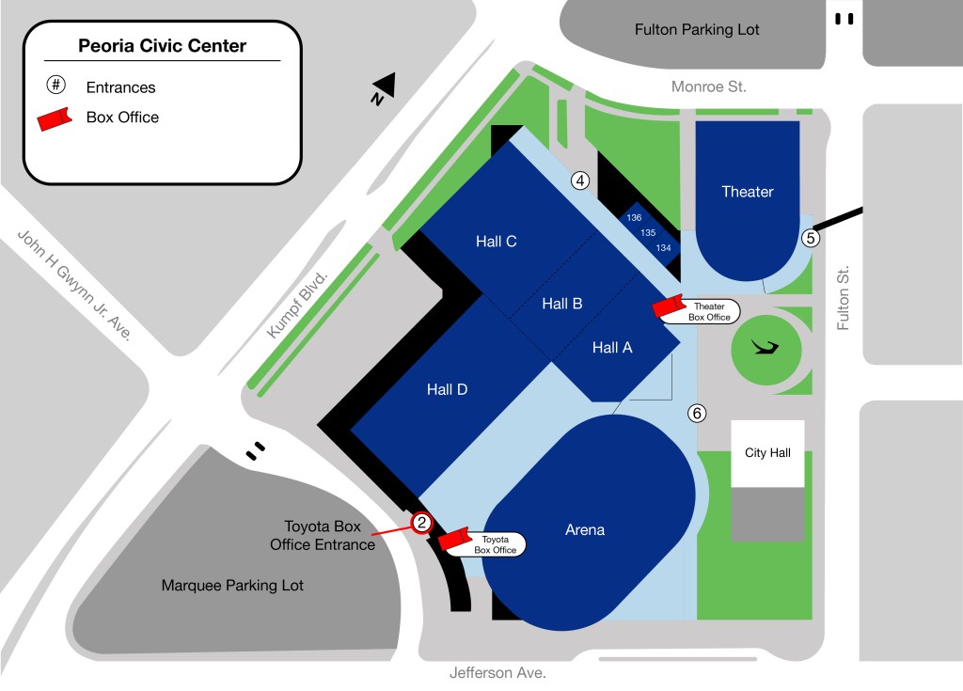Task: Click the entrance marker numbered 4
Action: click(580, 181)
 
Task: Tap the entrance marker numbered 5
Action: click(811, 238)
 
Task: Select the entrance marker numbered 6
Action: click(697, 413)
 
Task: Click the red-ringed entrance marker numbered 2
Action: click(422, 524)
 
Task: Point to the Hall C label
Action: click(496, 242)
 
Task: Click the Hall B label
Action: click(562, 304)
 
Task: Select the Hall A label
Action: click(612, 348)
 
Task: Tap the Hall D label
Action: click(447, 390)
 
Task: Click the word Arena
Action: click(585, 530)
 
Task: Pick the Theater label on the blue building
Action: click(748, 192)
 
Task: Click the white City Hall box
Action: click(767, 453)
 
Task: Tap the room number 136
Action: click(634, 218)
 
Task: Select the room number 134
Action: click(664, 248)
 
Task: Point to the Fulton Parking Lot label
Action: click(697, 30)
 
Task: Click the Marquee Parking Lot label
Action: click(232, 586)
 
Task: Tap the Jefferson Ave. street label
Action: click(497, 673)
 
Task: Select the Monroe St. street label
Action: click(709, 86)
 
